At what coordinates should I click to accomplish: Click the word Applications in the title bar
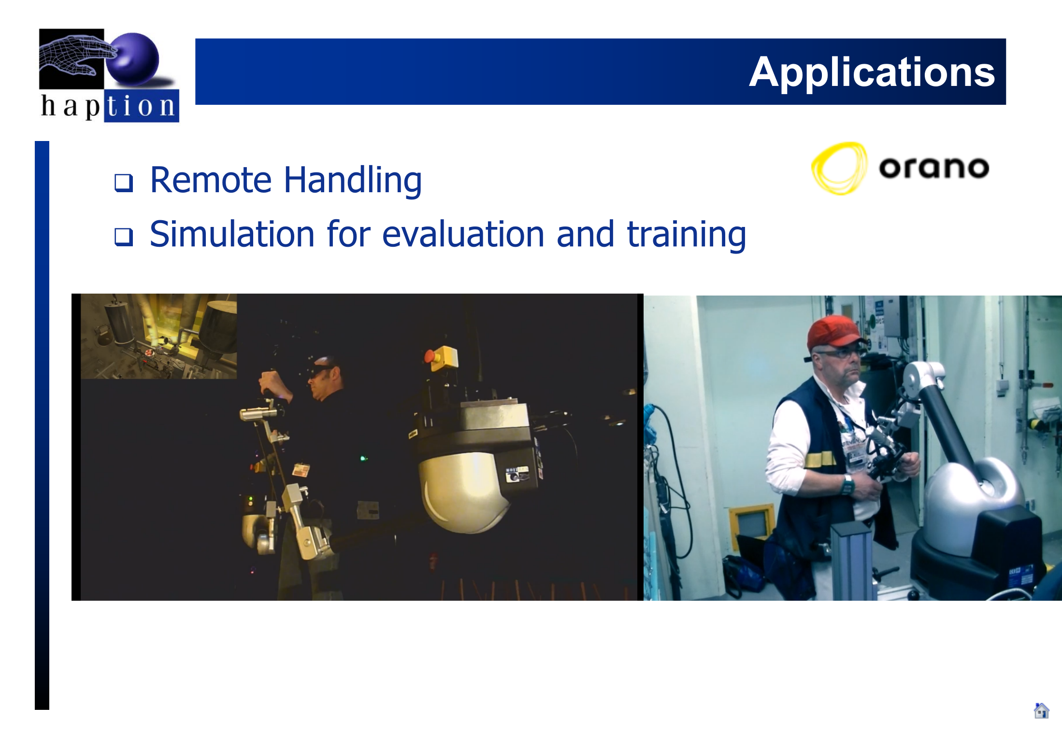click(872, 72)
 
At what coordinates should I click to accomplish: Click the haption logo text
click(108, 106)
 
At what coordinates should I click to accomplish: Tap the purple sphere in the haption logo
click(133, 59)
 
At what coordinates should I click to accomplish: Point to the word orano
click(934, 168)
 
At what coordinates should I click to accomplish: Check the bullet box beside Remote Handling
click(123, 183)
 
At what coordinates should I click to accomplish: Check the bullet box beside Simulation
click(123, 237)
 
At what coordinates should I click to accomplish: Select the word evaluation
click(463, 235)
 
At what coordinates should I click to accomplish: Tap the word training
click(686, 236)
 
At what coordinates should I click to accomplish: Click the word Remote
click(211, 180)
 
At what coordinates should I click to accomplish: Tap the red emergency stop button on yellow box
click(430, 356)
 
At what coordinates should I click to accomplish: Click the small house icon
click(1041, 710)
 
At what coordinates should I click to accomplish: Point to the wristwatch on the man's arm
click(847, 484)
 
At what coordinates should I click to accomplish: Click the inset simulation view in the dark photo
click(158, 336)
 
